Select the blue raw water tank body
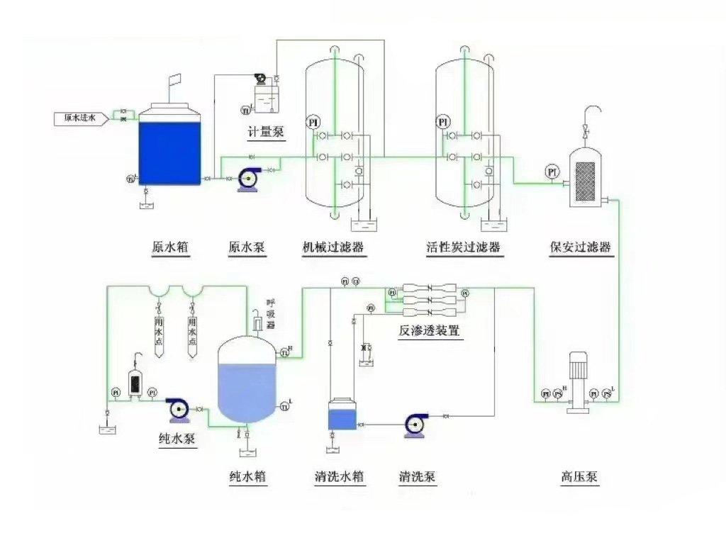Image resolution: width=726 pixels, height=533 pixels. point(168,153)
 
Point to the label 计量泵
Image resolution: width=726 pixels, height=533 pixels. point(262,133)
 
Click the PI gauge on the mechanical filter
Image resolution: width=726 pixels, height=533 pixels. point(313,122)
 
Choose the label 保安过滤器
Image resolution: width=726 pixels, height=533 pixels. point(581,247)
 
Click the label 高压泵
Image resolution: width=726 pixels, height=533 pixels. point(579,477)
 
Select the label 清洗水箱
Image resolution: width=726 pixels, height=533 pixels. point(340,477)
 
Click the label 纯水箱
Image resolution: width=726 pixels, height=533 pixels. point(248,477)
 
